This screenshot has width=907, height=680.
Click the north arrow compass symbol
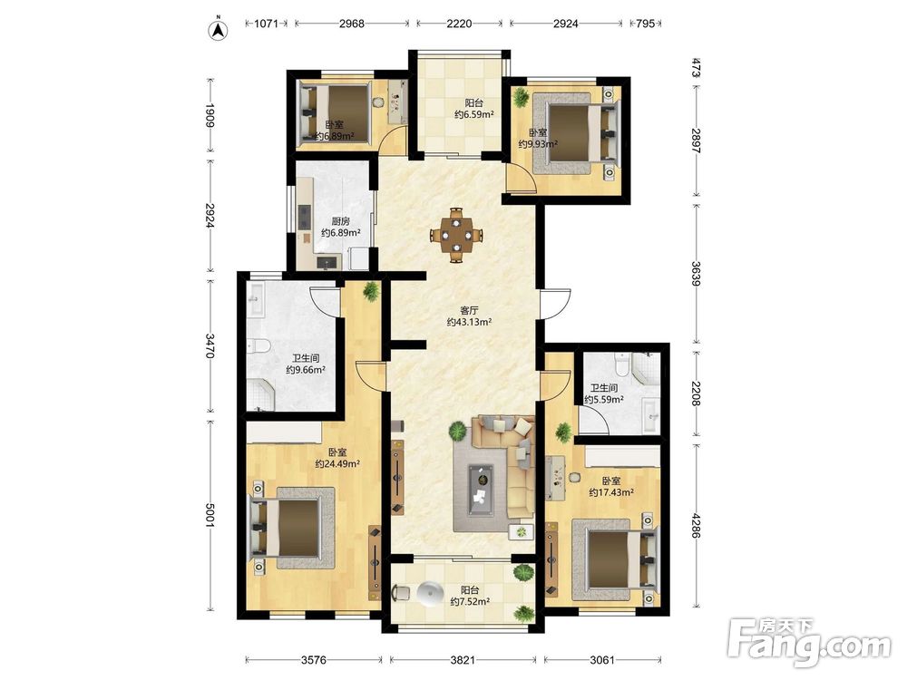coord(218,30)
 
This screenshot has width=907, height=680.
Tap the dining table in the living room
coord(457,236)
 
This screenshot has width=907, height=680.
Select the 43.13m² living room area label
coord(469,316)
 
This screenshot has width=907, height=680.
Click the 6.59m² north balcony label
coord(473,109)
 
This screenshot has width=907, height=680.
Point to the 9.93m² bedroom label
coord(538,138)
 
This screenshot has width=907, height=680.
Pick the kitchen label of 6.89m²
coord(341,227)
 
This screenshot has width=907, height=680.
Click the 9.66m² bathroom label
coord(306,364)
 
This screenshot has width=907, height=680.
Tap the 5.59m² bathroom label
coord(604,393)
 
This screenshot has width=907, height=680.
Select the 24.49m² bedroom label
coord(337,458)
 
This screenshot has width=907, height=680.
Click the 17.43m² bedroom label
coord(611,487)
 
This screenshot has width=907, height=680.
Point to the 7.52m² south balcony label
coord(470,596)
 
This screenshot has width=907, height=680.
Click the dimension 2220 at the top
coord(459,24)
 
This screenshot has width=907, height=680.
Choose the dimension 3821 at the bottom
coord(463,659)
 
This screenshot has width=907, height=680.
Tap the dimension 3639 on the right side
coord(696,274)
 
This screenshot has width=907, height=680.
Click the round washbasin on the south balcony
coord(429,593)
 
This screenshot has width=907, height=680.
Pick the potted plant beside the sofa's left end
coord(457,431)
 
